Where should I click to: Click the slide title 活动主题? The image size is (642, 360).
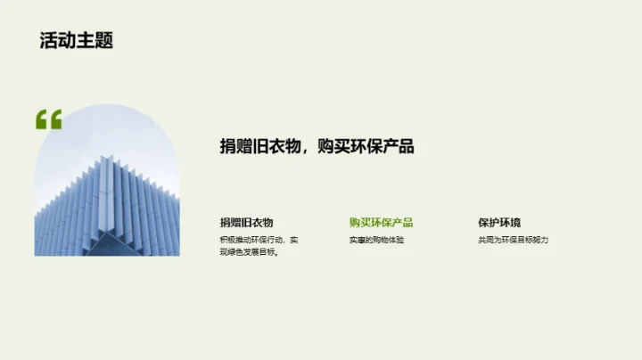pyautogui.click(x=77, y=41)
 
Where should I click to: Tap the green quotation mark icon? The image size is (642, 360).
pyautogui.click(x=49, y=119)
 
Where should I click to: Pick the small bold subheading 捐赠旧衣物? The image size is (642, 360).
pyautogui.click(x=246, y=223)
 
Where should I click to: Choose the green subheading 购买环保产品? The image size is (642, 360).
pyautogui.click(x=381, y=223)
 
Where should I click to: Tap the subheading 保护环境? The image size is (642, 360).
pyautogui.click(x=499, y=223)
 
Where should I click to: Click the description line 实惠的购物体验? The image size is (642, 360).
pyautogui.click(x=376, y=241)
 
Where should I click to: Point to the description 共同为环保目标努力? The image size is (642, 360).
pyautogui.click(x=513, y=241)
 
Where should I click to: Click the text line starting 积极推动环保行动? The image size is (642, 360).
pyautogui.click(x=259, y=241)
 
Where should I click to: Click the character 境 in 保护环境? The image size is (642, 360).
pyautogui.click(x=515, y=223)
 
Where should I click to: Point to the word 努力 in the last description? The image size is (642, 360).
pyautogui.click(x=539, y=241)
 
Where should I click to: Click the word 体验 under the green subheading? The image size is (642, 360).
pyautogui.click(x=395, y=241)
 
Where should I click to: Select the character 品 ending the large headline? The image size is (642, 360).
pyautogui.click(x=406, y=147)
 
